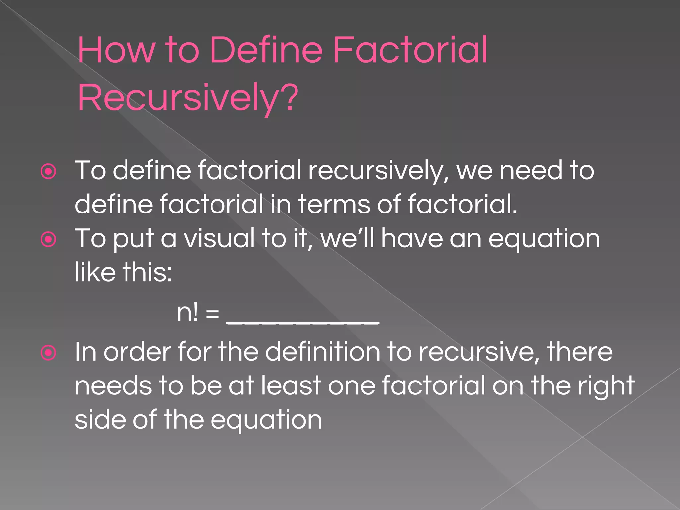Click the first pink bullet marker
48,172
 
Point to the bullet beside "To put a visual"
48,239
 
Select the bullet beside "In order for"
48,353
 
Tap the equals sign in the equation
212,314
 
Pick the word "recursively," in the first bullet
379,171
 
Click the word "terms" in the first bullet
334,204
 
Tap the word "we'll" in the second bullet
347,238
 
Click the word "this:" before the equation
147,272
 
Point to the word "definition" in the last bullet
322,352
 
